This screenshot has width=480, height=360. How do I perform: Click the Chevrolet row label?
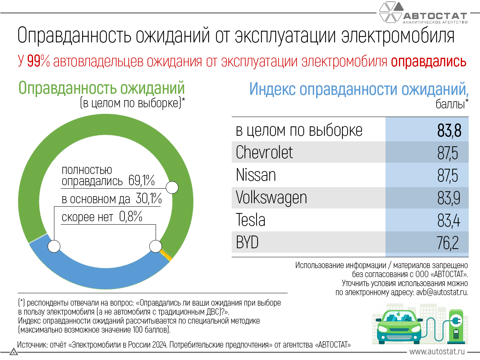pyautogui.click(x=264, y=153)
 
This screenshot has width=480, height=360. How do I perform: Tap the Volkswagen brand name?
pyautogui.click(x=271, y=198)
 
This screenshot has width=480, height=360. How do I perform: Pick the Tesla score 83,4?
pyautogui.click(x=448, y=220)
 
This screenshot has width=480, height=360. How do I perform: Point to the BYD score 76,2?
pyautogui.click(x=447, y=243)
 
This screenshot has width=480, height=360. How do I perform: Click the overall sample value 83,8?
pyautogui.click(x=449, y=130)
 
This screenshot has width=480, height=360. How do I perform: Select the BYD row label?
pyautogui.click(x=247, y=243)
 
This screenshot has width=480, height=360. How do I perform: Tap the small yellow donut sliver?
pyautogui.click(x=166, y=256)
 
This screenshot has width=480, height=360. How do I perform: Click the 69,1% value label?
pyautogui.click(x=141, y=180)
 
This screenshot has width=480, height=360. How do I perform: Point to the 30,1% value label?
pyautogui.click(x=148, y=198)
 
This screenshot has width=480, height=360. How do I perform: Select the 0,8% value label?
pyautogui.click(x=130, y=216)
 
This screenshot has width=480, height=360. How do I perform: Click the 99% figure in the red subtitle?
pyautogui.click(x=38, y=61)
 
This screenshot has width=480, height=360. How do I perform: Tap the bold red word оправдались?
pyautogui.click(x=428, y=61)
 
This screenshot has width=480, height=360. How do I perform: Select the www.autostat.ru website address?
pyautogui.click(x=437, y=352)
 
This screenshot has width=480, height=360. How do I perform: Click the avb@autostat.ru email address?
pyautogui.click(x=442, y=292)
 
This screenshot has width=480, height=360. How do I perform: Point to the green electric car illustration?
pyautogui.click(x=398, y=324)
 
